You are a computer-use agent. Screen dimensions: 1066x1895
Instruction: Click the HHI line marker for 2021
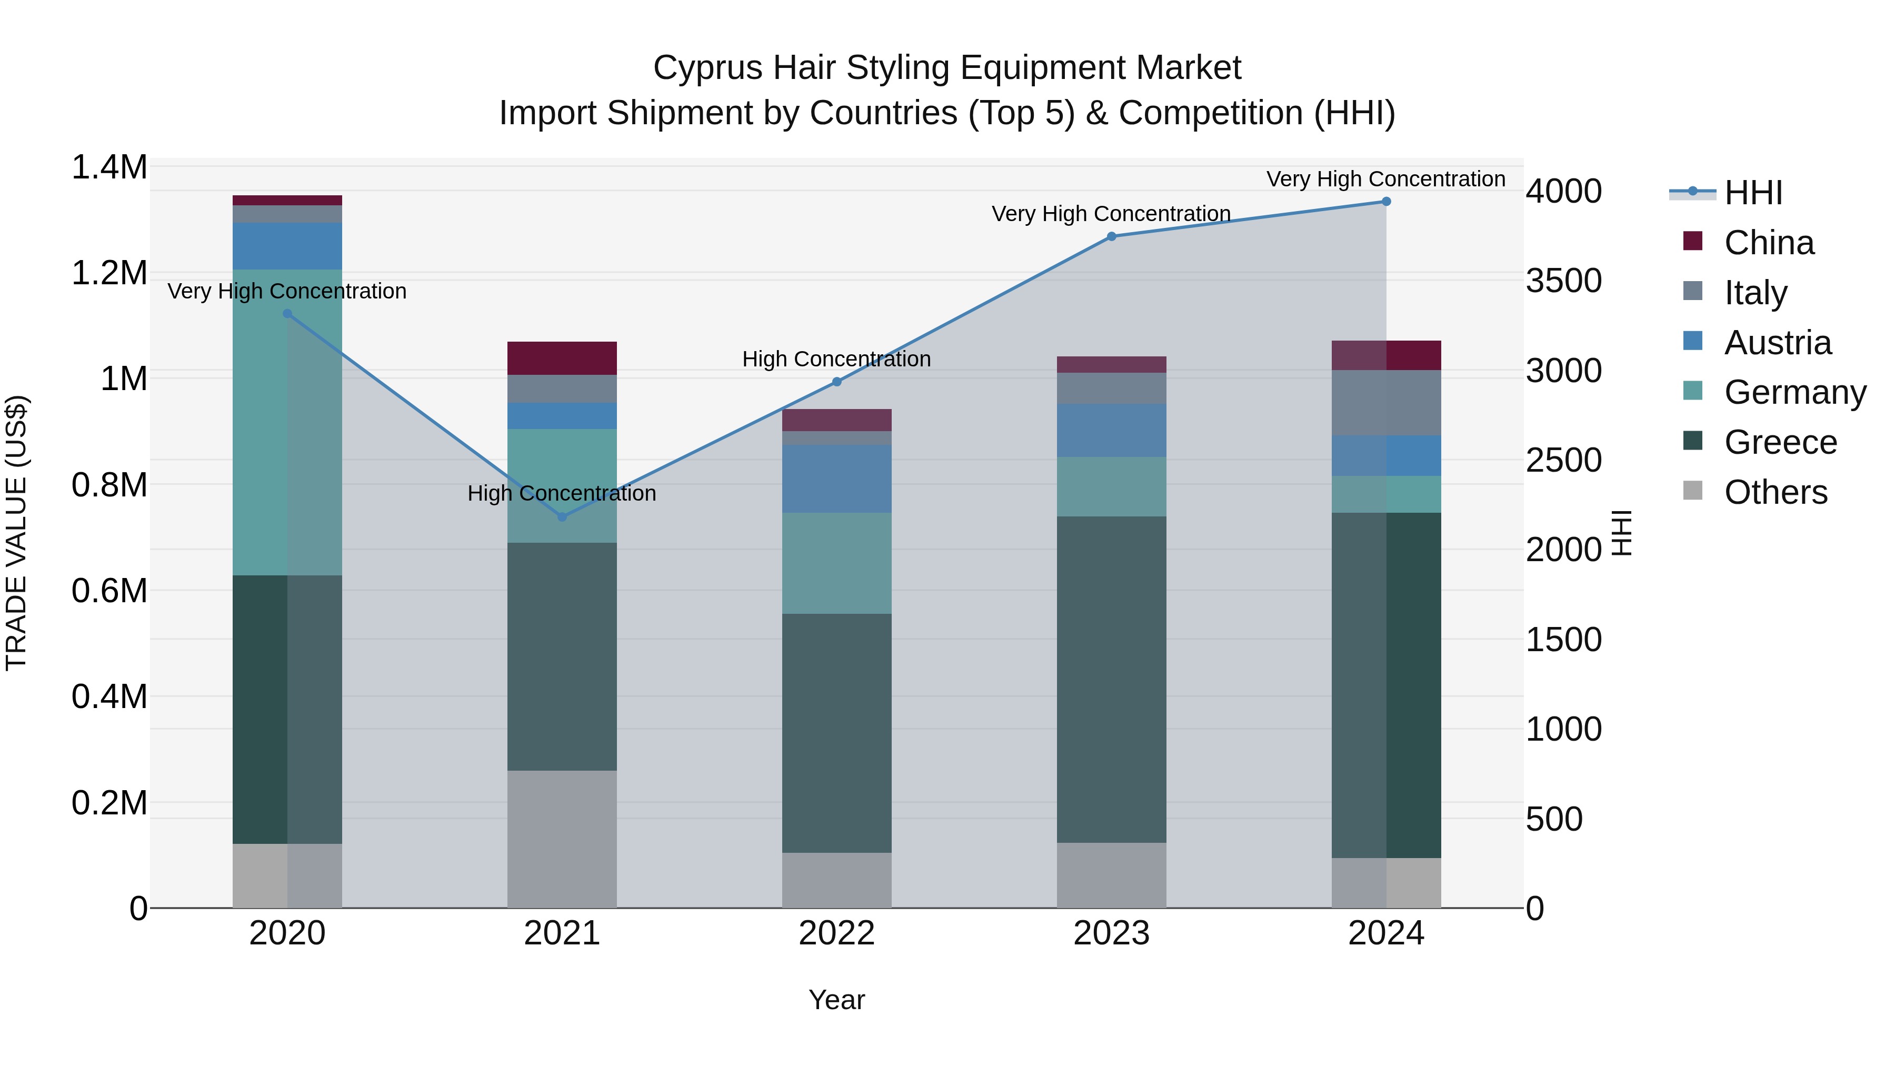(562, 517)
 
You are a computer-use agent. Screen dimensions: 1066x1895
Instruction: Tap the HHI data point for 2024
(1386, 202)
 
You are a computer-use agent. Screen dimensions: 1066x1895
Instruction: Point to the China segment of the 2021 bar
(562, 358)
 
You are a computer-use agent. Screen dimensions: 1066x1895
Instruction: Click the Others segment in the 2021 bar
(562, 839)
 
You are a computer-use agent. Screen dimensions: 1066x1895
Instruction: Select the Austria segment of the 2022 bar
(836, 478)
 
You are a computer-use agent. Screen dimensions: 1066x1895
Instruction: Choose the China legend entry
(1769, 243)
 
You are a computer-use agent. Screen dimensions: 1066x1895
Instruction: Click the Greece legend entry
(1780, 442)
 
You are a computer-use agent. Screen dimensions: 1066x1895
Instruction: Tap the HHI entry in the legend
(1753, 193)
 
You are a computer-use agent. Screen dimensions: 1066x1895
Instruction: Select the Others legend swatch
(1693, 491)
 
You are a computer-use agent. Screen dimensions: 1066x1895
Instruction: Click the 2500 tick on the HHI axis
(1564, 461)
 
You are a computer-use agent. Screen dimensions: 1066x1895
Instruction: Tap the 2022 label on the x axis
(836, 933)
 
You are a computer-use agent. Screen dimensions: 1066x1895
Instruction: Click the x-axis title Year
(836, 1000)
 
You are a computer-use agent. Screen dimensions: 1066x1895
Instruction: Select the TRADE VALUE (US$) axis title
(16, 533)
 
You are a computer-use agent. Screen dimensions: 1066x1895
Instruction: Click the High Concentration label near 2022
(836, 359)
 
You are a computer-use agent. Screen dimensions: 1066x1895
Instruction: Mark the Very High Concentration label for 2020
(287, 291)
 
